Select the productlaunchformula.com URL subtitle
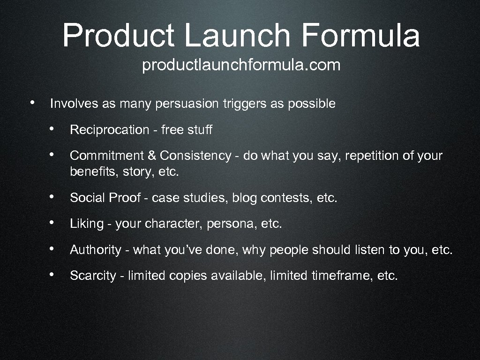241,66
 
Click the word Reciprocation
109,130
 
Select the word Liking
86,224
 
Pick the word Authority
95,250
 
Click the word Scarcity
92,276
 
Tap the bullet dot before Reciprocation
56,128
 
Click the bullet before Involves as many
31,102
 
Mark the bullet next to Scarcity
56,274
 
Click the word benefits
87,172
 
